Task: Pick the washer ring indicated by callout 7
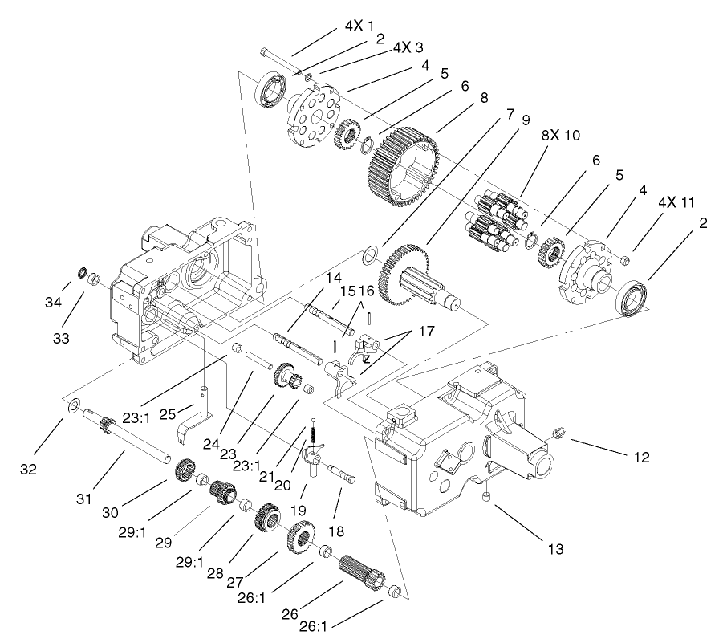[370, 255]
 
